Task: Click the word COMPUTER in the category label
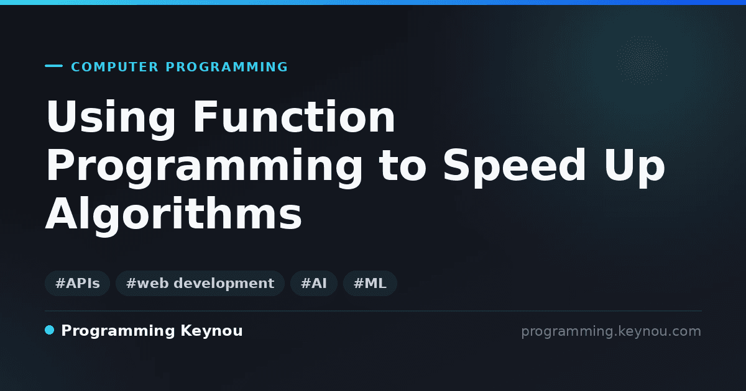(114, 67)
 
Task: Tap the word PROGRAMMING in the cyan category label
(226, 67)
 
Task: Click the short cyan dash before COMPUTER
(53, 66)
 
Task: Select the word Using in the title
(111, 119)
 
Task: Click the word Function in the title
(294, 117)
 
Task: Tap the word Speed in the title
(514, 165)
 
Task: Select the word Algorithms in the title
(173, 215)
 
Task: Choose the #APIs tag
(77, 283)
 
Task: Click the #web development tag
(200, 283)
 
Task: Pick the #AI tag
(314, 283)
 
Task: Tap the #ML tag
(370, 283)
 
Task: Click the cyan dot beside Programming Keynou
(50, 330)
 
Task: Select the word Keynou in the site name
(211, 331)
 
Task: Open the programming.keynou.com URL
(611, 331)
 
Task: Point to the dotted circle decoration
(642, 60)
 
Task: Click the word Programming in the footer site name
(118, 331)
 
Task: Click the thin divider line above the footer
(374, 311)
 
